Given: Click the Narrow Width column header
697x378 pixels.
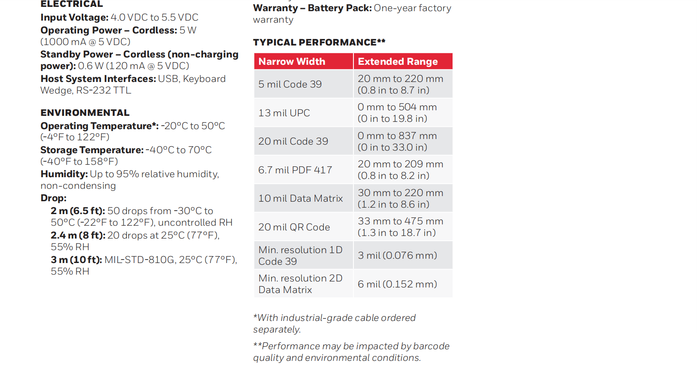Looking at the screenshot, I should (292, 62).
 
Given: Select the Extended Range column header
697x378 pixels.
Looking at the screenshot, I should (398, 62).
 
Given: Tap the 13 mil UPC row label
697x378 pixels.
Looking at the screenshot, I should (284, 113).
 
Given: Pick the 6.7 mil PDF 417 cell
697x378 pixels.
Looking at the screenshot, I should (295, 170).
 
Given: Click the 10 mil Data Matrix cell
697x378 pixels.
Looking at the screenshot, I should (300, 198).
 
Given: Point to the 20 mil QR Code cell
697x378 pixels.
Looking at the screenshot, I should (294, 227).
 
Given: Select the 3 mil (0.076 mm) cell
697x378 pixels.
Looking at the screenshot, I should (397, 255).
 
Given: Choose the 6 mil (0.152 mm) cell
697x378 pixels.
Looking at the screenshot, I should (397, 284).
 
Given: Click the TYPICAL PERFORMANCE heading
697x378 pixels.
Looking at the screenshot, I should (319, 42).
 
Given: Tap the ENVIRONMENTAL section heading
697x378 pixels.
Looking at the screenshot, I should (85, 113).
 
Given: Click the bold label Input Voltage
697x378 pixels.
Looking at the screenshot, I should (74, 18).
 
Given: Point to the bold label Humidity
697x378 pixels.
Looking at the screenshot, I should (64, 174).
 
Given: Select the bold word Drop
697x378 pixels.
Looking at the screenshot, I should (53, 198).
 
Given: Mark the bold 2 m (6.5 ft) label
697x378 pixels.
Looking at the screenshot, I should (78, 211).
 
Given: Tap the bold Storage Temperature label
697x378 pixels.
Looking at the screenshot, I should (92, 150).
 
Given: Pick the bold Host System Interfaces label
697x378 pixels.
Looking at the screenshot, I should (98, 79).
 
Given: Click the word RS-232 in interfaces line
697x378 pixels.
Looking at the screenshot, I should (93, 91).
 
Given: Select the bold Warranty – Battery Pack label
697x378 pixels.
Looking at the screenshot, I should (312, 8).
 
